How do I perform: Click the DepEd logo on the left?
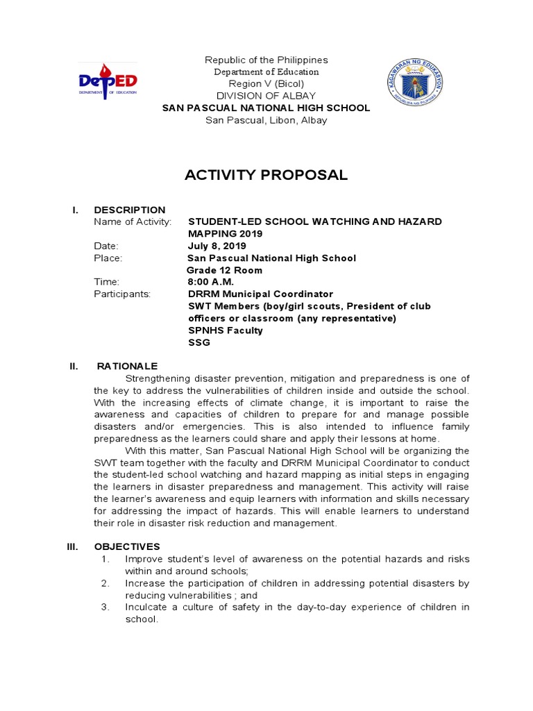107,81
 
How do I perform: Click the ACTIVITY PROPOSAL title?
266,175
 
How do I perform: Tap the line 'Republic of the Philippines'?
266,60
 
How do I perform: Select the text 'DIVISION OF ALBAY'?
266,96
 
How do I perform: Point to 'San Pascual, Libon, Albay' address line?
266,120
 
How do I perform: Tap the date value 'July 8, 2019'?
216,246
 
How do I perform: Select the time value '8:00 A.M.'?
211,282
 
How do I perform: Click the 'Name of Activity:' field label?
132,221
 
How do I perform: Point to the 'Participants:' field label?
122,294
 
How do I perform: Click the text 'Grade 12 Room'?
224,270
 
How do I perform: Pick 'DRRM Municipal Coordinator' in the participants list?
260,294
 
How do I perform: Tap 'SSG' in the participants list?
198,342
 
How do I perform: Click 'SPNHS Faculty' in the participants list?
226,331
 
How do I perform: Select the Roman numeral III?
72,546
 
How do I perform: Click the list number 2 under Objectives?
105,583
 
